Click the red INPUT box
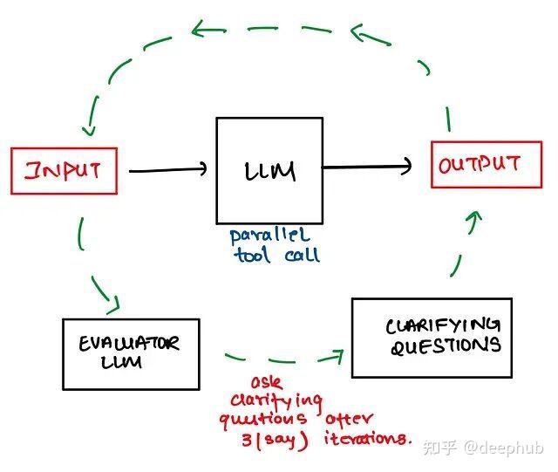(63, 170)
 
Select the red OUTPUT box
(480, 164)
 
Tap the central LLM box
(269, 171)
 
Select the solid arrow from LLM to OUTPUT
(367, 166)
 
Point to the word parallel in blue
(269, 236)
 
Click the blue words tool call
(276, 255)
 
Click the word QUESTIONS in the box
(445, 346)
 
